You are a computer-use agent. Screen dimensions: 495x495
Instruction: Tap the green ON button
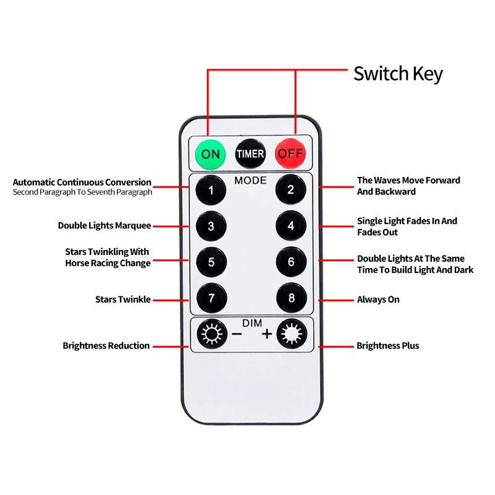211,153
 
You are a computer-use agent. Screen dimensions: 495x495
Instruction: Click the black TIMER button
251,153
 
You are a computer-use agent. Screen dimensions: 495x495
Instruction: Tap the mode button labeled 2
291,190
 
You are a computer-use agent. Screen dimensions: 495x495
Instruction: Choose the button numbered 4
291,226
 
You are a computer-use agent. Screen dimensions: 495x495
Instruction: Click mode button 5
211,262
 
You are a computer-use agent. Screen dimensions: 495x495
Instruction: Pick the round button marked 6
291,262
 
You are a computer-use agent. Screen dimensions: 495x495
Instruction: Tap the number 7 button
211,299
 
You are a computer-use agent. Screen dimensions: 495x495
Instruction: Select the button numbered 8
291,299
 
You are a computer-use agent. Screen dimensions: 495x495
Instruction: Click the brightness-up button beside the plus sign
291,335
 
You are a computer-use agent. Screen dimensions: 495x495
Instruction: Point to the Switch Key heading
398,74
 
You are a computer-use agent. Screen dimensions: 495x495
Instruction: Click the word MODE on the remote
251,181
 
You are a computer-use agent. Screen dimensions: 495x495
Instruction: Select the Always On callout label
378,299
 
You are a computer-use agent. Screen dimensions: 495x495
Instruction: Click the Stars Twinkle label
123,299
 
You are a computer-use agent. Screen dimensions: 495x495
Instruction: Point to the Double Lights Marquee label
105,226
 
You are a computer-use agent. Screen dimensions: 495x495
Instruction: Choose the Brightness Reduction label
106,346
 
